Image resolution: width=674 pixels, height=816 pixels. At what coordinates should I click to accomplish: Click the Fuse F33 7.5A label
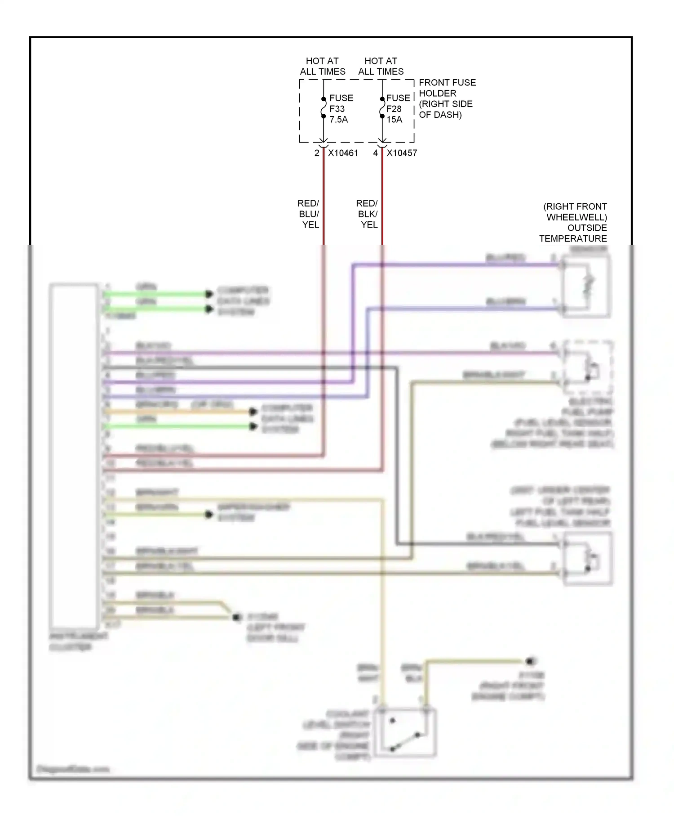click(341, 109)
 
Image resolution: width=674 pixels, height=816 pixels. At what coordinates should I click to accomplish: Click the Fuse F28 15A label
click(398, 109)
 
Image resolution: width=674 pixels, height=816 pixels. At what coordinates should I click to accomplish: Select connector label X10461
click(343, 153)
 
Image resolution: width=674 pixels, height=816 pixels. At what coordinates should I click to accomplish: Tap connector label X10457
click(402, 153)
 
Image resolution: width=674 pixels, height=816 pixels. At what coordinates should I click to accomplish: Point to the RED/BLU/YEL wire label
click(309, 214)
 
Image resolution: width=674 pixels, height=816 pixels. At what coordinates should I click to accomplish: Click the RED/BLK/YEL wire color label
click(368, 214)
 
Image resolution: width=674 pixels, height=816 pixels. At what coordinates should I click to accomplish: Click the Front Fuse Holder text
click(447, 99)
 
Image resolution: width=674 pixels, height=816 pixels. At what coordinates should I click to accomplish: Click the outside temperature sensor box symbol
click(587, 287)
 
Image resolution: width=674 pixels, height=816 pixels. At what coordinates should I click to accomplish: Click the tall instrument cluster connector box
click(74, 456)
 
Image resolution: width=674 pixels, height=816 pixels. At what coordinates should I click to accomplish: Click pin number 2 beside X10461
click(317, 153)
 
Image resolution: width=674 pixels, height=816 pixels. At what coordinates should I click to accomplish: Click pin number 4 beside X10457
click(376, 153)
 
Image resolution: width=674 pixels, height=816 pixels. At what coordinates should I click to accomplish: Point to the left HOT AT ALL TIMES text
click(322, 66)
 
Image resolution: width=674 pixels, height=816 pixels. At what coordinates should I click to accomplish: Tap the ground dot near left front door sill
click(236, 617)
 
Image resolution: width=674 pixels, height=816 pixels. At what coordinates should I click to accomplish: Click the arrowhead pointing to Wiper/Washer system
click(209, 514)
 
